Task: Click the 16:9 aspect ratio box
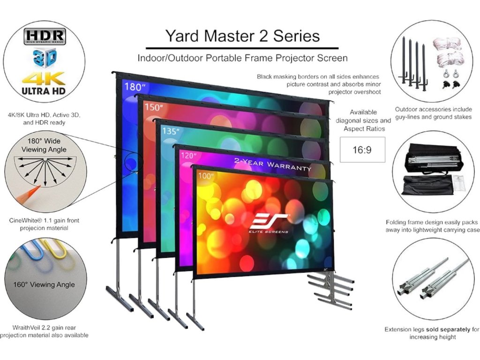362,150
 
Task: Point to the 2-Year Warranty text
272,165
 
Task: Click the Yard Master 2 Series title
242,36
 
